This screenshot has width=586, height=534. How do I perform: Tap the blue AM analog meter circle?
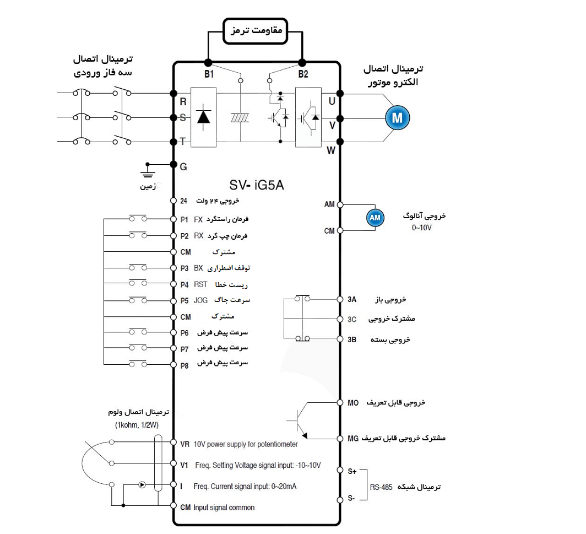(x=375, y=218)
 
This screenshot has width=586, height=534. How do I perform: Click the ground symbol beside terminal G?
(x=147, y=170)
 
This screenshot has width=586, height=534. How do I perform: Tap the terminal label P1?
(x=185, y=219)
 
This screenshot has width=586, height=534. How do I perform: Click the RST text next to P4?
(x=200, y=284)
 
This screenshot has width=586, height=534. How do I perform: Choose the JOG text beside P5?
(x=200, y=301)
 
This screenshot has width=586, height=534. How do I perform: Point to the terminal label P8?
(x=185, y=365)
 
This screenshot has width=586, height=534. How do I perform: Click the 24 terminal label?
(x=184, y=201)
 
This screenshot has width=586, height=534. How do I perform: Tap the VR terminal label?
(x=185, y=444)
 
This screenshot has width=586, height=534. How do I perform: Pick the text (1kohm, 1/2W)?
(x=137, y=425)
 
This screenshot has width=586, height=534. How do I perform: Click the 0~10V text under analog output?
(x=422, y=227)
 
